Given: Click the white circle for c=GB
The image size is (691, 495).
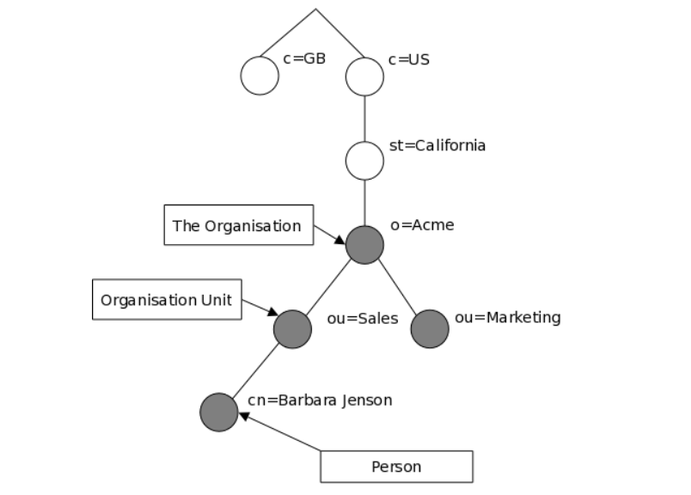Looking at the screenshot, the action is pos(260,76).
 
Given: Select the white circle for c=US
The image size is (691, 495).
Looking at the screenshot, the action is pos(364,76).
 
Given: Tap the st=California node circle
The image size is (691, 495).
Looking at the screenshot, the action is pos(364,161).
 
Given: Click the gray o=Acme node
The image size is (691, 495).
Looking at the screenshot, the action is pos(364,245).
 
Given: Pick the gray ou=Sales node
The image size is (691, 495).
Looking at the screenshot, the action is pos(292,329).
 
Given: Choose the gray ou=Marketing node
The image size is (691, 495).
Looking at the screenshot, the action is pos(430,329).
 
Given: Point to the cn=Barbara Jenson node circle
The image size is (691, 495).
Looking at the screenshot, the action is pos(218,412).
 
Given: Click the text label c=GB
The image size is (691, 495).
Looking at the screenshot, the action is pos(304,58).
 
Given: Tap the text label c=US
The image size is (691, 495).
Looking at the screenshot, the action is pos(409,59).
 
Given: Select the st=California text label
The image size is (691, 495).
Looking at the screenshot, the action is pos(437,145).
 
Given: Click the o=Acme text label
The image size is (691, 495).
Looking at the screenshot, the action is pos(422,225).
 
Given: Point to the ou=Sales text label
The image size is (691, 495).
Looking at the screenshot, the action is pos(363,318).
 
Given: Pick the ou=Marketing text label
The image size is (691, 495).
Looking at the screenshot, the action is pos(508,318).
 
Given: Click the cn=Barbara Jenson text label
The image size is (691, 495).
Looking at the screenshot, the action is pos(320,400).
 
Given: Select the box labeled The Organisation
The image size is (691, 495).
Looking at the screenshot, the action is pos(239,225).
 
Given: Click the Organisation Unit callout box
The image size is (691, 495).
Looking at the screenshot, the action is pos(167,299).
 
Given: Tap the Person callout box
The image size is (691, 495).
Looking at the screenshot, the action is pos(396,467).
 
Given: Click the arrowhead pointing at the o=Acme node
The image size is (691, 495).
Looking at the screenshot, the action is pos(339,241).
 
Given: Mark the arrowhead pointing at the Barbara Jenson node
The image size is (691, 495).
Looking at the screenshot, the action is pos(244,416).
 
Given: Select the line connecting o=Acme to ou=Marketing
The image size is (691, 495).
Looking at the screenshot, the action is pos(397,287).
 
